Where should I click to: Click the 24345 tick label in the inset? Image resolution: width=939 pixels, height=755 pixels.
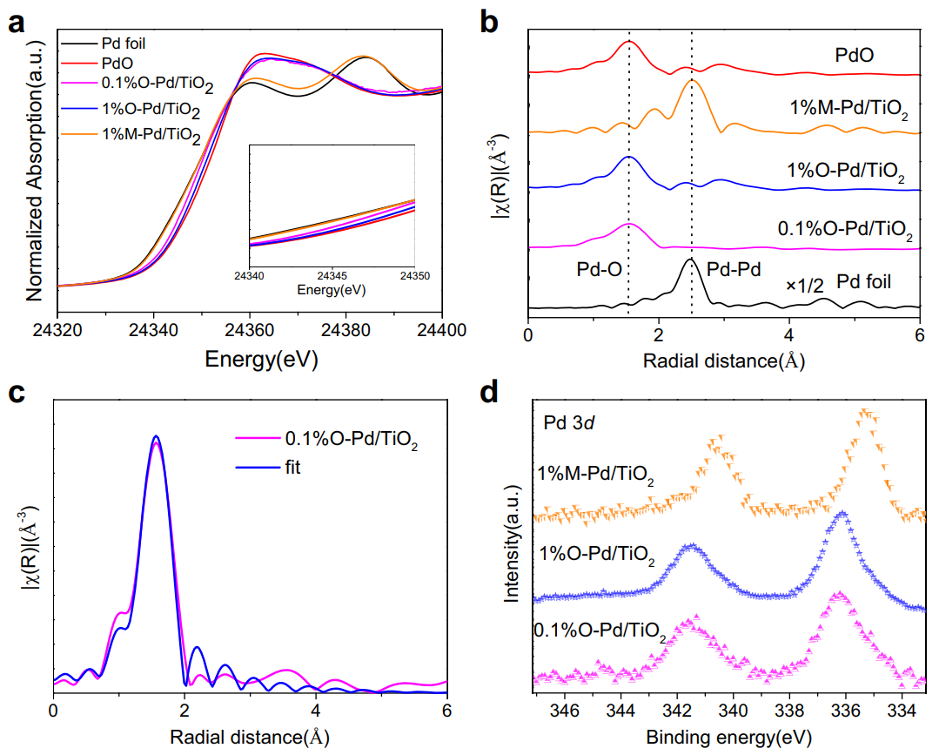[331, 277]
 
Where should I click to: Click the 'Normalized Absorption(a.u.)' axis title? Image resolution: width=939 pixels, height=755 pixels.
[35, 164]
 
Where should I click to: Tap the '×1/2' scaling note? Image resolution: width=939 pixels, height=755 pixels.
[805, 283]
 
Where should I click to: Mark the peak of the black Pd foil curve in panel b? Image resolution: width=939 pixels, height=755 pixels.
[691, 260]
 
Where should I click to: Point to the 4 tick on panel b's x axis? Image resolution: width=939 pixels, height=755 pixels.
[789, 334]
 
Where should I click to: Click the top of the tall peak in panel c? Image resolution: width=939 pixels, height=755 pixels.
[156, 436]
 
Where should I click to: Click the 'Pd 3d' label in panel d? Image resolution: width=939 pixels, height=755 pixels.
[569, 424]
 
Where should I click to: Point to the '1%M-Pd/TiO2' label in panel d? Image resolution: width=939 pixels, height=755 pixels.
[595, 475]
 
